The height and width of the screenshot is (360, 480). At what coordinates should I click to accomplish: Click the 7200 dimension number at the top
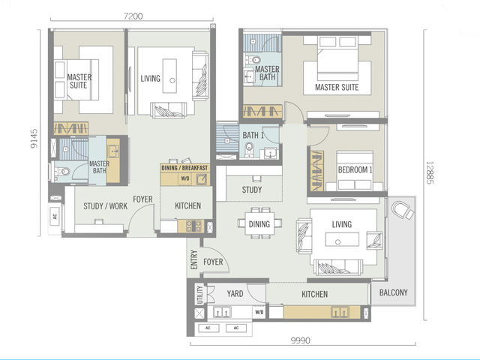(x=133, y=16)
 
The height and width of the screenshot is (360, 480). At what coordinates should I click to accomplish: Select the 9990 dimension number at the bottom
(x=301, y=340)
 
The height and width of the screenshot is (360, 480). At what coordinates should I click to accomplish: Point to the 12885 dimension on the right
(x=430, y=172)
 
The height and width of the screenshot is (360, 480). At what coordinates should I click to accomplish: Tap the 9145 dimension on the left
(x=34, y=138)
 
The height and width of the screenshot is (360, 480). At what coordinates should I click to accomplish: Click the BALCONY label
(x=393, y=292)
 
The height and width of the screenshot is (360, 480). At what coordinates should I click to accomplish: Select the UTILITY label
(x=200, y=295)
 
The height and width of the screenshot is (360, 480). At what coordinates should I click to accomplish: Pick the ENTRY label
(x=193, y=259)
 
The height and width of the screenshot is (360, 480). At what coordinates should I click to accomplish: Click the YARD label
(x=235, y=294)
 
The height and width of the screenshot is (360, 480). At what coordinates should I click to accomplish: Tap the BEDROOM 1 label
(x=355, y=169)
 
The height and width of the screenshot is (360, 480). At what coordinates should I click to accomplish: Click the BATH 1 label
(x=253, y=135)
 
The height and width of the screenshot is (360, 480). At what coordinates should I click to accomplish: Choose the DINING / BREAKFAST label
(x=184, y=168)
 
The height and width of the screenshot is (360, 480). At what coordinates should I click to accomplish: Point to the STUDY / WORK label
(x=105, y=206)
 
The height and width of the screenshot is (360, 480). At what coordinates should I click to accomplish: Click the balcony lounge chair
(x=403, y=210)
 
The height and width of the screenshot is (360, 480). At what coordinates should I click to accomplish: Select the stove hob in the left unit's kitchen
(x=191, y=226)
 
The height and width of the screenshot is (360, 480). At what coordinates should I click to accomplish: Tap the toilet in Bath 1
(x=250, y=150)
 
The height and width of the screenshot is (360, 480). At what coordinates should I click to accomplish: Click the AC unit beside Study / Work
(x=55, y=217)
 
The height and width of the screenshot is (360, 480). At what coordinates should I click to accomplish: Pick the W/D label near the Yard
(x=259, y=312)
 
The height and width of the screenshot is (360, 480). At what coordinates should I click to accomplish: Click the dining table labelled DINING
(x=259, y=223)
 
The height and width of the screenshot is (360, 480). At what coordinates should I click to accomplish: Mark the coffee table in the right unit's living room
(x=342, y=239)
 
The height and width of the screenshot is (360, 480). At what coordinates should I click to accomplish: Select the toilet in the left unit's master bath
(x=62, y=172)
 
